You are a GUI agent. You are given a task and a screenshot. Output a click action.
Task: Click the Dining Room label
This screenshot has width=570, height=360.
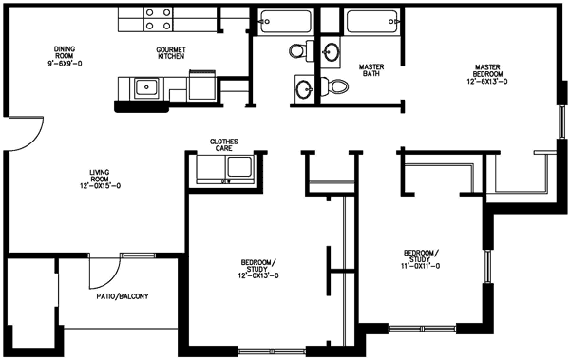(x=65, y=52)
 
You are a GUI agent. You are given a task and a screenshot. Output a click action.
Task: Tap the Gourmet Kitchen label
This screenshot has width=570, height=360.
(x=171, y=53)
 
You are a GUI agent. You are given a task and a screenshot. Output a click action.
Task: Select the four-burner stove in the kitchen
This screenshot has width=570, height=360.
(x=158, y=19)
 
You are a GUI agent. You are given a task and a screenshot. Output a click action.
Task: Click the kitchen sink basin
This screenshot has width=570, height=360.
(x=146, y=87)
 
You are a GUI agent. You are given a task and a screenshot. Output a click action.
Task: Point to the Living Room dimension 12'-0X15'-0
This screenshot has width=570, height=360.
(x=101, y=186)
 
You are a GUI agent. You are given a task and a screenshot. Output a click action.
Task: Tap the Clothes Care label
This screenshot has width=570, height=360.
(x=224, y=144)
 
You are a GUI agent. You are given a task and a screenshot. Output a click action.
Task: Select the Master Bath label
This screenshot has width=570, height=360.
(x=371, y=70)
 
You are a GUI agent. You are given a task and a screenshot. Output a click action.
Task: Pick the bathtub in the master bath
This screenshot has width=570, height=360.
(x=371, y=22)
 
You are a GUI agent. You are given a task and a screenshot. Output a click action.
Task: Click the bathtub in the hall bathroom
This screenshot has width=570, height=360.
(x=286, y=22)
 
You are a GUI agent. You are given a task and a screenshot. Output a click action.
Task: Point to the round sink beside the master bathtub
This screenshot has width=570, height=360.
(x=331, y=52)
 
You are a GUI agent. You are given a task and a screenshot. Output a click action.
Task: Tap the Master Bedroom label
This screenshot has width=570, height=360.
(x=487, y=70)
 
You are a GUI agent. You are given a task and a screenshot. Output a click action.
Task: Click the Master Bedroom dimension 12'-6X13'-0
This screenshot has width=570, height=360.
(x=487, y=82)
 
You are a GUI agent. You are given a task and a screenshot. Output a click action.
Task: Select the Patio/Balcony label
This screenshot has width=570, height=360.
(x=123, y=296)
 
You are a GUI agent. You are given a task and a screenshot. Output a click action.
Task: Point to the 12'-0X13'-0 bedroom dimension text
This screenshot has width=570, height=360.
(x=258, y=275)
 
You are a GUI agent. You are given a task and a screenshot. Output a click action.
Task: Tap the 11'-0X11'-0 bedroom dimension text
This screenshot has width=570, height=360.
(x=420, y=266)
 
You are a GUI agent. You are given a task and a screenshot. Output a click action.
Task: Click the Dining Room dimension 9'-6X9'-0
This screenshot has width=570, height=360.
(x=65, y=64)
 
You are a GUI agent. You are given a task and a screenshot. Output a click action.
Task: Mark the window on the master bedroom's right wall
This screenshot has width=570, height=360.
(x=562, y=123)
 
